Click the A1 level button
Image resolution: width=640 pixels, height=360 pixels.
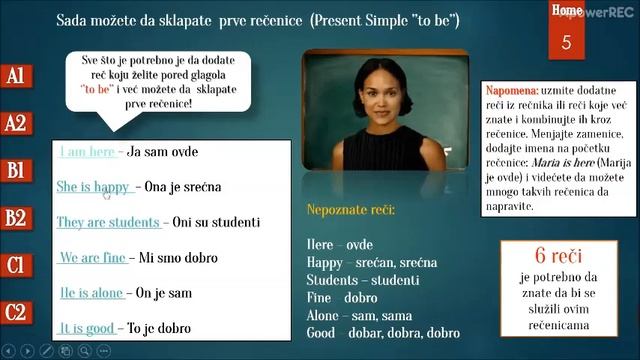(15, 76)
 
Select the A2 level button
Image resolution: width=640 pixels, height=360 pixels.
(15, 123)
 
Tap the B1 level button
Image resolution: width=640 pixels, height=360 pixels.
(15, 171)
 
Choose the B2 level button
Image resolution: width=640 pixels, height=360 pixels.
(15, 218)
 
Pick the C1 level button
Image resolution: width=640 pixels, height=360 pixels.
(15, 266)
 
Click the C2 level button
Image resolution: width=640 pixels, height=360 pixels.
(15, 313)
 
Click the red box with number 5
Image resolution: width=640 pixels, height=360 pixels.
(567, 37)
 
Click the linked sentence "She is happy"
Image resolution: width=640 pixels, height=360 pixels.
(93, 187)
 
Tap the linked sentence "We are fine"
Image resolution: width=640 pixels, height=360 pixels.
(92, 258)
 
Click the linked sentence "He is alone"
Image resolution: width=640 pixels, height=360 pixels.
(91, 293)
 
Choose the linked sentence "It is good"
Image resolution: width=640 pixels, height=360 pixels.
(87, 328)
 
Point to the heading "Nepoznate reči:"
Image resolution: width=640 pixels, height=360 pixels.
(350, 211)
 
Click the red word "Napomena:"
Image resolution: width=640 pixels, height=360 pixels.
(511, 89)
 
